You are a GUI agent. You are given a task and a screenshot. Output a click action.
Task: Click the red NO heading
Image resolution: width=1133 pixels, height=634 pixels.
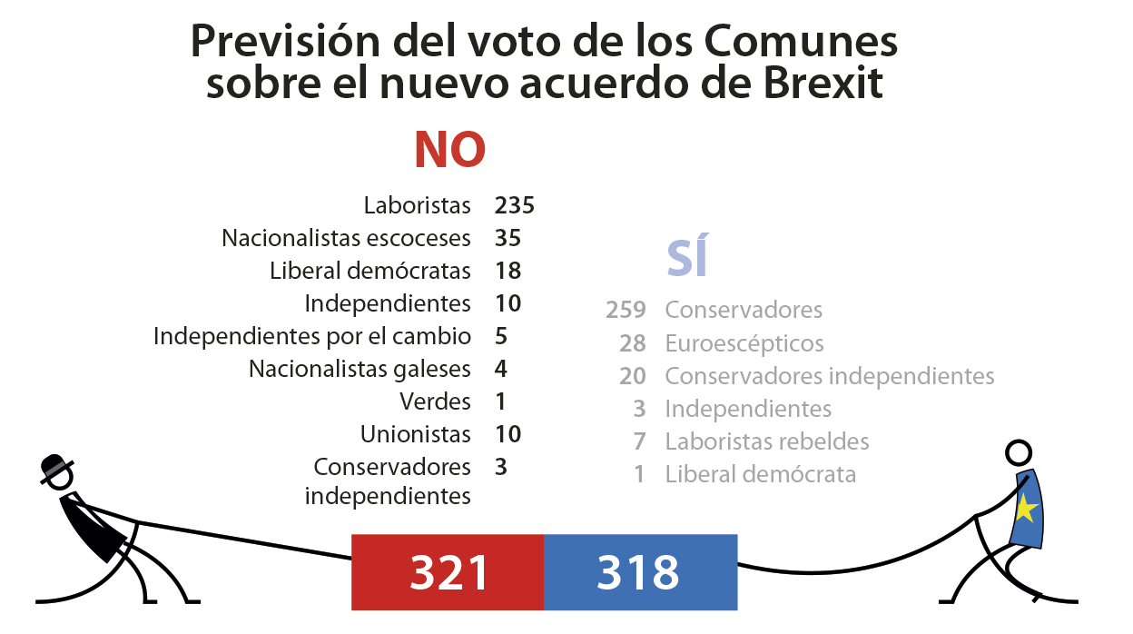tap(449, 150)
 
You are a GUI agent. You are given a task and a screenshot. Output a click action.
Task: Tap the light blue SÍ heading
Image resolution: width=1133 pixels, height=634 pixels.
tap(687, 258)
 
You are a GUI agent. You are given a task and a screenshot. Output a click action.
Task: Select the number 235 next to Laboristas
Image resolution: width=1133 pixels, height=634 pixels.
tap(515, 205)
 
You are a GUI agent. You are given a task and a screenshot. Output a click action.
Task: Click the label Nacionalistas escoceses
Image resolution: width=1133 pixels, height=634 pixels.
tap(346, 238)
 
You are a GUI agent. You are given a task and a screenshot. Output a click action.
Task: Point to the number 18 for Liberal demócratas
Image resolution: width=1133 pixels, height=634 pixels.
tap(508, 271)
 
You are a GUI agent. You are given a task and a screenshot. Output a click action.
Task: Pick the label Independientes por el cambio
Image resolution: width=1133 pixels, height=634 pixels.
tap(311, 336)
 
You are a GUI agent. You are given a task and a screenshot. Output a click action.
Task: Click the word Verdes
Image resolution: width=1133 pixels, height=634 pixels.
tap(435, 401)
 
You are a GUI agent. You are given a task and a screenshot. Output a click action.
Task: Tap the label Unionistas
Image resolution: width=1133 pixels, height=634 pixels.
tap(415, 434)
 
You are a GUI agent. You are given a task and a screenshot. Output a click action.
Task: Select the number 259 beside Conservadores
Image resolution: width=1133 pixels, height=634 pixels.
tap(626, 311)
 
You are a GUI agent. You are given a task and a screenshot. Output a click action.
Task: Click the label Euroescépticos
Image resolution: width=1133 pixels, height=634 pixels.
tap(744, 343)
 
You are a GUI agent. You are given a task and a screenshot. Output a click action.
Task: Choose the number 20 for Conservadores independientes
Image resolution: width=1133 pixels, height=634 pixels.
tap(633, 376)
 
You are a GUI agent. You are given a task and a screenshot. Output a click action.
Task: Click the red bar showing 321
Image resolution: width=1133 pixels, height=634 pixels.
tap(448, 572)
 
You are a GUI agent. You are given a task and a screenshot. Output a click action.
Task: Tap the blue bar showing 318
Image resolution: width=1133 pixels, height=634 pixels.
tap(640, 572)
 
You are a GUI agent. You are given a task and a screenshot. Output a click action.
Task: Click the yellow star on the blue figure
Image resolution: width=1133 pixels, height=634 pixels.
tap(1025, 509)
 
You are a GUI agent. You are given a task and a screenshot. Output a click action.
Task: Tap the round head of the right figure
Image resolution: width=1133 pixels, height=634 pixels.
tap(1019, 452)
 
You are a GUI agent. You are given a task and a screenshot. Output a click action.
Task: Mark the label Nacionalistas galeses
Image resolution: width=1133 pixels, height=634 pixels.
tap(360, 369)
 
